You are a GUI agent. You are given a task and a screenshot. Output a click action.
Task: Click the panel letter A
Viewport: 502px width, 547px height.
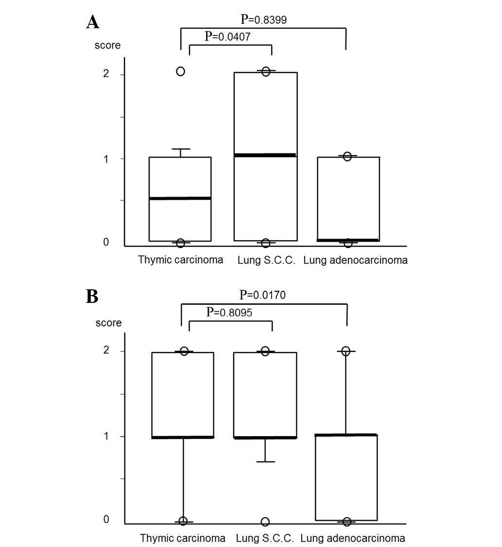93,22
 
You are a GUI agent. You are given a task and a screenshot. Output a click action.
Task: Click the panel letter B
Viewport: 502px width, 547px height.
92,296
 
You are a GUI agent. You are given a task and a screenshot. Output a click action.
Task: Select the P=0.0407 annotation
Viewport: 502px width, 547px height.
228,36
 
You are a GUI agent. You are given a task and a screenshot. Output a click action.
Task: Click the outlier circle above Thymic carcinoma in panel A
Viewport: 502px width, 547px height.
180,71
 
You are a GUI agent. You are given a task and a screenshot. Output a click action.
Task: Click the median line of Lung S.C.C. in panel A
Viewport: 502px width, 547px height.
265,155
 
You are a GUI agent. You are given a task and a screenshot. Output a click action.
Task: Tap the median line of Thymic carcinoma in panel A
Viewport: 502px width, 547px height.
180,198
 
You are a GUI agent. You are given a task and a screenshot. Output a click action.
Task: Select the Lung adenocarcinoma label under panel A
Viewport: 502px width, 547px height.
355,260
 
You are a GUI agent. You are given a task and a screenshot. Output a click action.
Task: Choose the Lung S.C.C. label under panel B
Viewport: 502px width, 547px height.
265,538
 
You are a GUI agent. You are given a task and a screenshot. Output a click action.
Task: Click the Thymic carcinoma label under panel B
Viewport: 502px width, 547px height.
183,538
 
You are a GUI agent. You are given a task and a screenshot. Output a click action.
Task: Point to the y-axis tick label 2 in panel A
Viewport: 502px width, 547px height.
106,74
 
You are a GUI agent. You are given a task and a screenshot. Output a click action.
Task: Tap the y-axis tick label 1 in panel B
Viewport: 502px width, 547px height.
106,436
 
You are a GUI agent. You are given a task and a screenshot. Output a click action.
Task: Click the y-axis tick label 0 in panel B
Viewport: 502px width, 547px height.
106,519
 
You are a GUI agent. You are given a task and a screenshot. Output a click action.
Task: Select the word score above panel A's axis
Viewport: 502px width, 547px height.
107,46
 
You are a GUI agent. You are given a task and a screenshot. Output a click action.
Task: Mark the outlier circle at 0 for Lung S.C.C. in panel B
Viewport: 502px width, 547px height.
265,522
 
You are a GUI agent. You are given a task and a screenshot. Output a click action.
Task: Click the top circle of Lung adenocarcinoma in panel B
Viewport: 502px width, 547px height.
346,351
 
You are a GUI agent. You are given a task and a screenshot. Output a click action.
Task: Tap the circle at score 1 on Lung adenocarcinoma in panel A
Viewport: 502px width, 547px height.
347,156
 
